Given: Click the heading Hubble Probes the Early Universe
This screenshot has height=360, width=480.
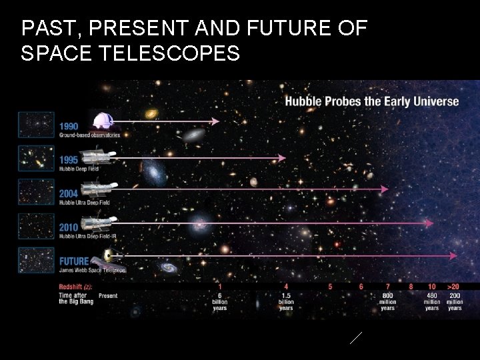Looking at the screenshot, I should tap(372, 101).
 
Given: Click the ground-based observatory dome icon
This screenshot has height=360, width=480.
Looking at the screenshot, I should tap(103, 121).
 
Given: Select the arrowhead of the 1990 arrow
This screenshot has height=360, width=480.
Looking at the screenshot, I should tap(215, 121).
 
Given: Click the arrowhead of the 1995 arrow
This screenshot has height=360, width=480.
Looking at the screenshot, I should tap(282, 158).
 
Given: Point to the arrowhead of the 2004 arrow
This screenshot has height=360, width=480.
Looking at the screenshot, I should tap(384, 189).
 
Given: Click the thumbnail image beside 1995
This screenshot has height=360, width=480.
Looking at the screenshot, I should tap(36, 157).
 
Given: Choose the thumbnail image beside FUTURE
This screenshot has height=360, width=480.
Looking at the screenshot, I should tap(36, 259).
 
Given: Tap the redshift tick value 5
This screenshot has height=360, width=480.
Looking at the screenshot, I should tap(330, 287).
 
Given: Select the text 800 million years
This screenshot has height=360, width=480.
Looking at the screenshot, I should tap(387, 301).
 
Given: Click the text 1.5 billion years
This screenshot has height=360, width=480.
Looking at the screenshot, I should tap(286, 301).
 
